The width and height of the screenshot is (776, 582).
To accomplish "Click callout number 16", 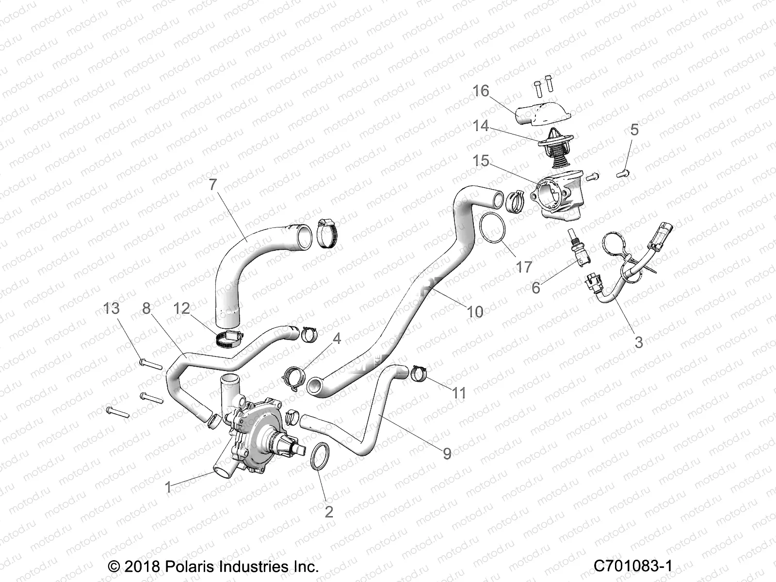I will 481,91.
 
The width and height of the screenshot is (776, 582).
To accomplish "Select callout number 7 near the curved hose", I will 213,185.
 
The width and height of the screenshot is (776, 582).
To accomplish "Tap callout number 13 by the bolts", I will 111,308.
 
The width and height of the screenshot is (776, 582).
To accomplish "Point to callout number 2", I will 329,512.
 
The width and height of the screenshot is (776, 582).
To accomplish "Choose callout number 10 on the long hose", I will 475,311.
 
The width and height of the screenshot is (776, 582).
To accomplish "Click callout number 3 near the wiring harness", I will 639,342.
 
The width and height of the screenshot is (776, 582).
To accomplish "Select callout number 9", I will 447,453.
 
